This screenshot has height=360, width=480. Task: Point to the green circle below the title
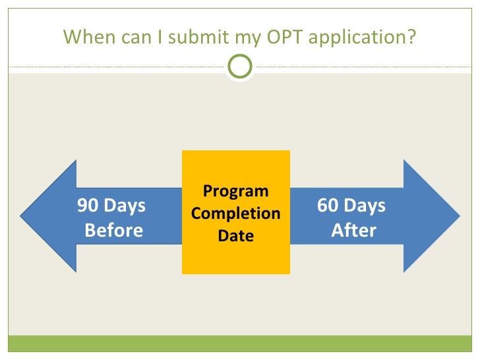pos(240,67)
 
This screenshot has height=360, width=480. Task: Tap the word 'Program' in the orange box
pos(236,192)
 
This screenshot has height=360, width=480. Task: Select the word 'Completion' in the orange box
pos(236,214)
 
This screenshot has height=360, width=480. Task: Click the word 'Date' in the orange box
pos(236,235)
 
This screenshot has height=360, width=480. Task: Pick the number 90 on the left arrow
pos(87,206)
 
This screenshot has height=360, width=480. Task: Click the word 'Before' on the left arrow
pos(113,230)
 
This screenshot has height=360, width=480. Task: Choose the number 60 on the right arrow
pos(327,206)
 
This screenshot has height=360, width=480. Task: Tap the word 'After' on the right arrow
pos(354,230)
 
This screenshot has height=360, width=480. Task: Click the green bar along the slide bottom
pos(240,344)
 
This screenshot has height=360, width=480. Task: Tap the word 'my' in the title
pos(254,38)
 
